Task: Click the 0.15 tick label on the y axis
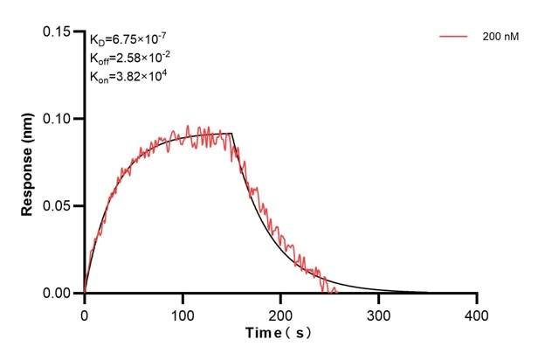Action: [x=59, y=32]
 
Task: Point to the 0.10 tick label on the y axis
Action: [x=59, y=119]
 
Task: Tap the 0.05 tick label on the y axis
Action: [x=59, y=206]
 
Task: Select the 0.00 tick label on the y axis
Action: [x=59, y=294]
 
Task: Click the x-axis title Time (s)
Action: [x=279, y=334]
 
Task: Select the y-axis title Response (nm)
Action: [x=27, y=163]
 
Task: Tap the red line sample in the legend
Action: [x=454, y=38]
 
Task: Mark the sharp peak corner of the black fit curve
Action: [x=231, y=133]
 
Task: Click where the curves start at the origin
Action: [x=85, y=293]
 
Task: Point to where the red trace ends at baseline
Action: [x=336, y=292]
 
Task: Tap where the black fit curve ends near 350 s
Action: [x=427, y=293]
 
